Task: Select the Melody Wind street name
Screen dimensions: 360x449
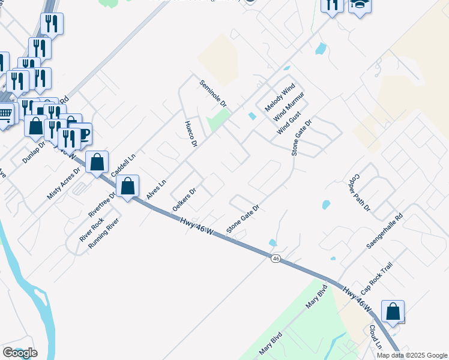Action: pos(280,95)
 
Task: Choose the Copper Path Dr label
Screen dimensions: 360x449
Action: pos(358,193)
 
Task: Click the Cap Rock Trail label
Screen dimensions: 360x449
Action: pos(376,280)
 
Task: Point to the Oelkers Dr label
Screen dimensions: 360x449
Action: pos(184,198)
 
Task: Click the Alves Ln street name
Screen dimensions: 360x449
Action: pos(155,190)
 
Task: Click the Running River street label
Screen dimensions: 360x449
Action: pos(104,233)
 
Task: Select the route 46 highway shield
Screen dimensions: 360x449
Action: pos(276,258)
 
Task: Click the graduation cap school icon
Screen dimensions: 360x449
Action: pos(360,5)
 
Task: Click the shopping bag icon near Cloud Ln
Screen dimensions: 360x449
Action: pos(393,312)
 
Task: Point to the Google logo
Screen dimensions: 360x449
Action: pos(20,353)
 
